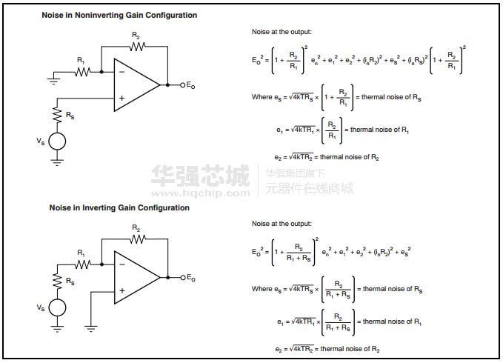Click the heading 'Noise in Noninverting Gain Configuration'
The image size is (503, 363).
click(x=119, y=16)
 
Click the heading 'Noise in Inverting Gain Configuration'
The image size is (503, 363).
click(x=119, y=208)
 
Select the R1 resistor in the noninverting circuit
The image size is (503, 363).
click(x=82, y=72)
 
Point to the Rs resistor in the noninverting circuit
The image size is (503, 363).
click(x=57, y=116)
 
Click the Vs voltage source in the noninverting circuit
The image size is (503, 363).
click(x=57, y=141)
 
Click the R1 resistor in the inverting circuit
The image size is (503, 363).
click(x=82, y=264)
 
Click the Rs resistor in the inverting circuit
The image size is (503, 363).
click(x=57, y=282)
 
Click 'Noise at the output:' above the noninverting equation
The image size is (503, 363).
click(x=282, y=31)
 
